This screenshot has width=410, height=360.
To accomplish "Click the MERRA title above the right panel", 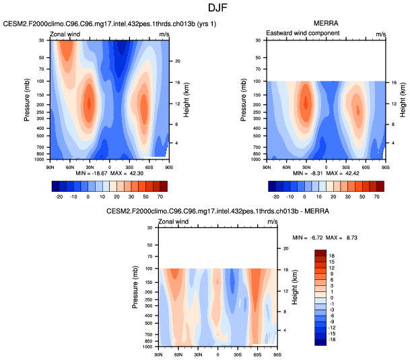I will pos(326,24).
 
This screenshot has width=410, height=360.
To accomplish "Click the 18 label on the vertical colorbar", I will pos(332,256).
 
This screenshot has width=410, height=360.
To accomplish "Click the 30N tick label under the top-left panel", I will pos(89,166).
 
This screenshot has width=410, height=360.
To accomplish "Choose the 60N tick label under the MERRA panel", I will pos(286,166).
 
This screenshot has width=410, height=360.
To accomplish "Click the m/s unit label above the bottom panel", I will pos(272,221).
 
